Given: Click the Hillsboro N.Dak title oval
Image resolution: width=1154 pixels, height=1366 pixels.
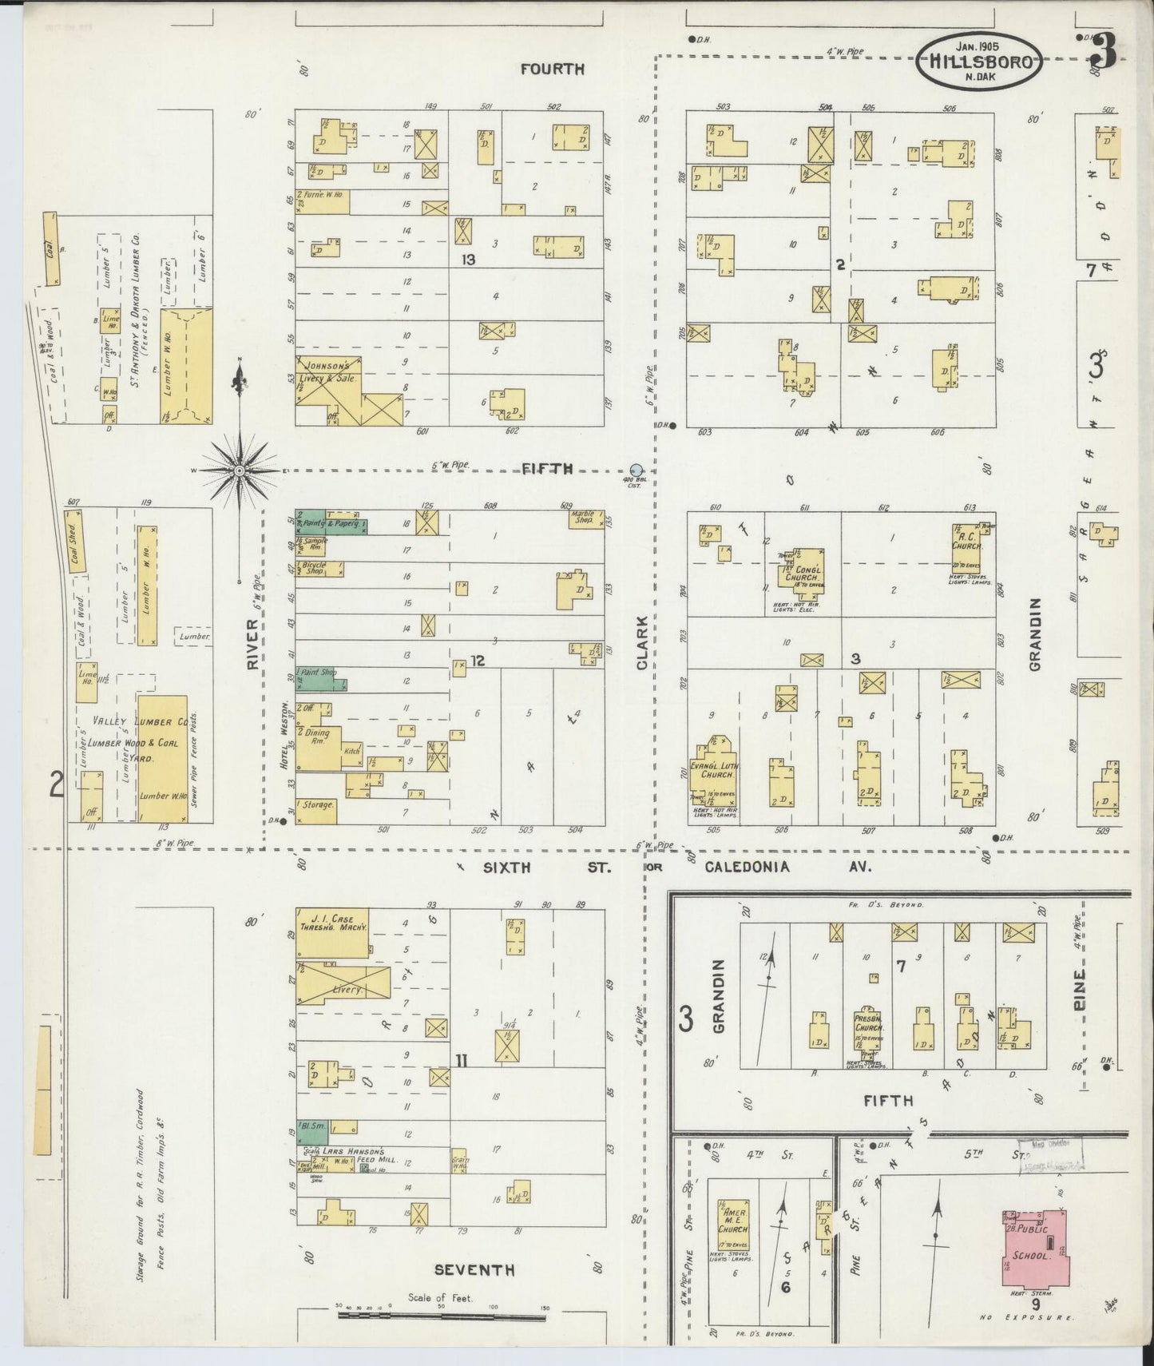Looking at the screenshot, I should point(979,61).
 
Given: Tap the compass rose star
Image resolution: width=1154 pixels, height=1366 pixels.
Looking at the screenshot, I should point(239,471).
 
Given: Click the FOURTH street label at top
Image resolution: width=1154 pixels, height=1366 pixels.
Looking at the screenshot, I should point(552,69).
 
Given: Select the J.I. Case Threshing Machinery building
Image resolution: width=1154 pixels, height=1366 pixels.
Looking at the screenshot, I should point(332,932).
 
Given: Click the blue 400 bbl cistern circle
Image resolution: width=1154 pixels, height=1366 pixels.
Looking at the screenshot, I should point(636,469).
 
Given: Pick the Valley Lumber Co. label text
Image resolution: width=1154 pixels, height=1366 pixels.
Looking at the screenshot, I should point(140,721).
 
